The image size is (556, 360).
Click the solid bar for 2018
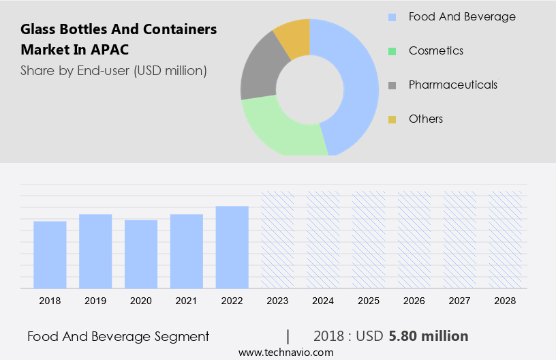coord(50,254)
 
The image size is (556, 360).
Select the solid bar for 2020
coord(141,254)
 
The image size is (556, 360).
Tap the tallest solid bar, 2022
coord(232,247)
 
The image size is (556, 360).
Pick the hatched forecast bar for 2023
coord(278,239)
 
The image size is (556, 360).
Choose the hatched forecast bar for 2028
coord(506,239)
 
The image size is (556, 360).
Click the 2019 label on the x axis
coord(95,300)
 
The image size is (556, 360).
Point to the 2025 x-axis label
coord(369,300)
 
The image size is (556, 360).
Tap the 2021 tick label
coord(187,300)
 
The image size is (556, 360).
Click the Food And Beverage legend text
coord(462,16)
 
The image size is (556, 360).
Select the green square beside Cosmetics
coord(392,51)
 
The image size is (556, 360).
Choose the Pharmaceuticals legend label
coord(452,85)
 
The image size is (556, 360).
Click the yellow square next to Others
coord(392,119)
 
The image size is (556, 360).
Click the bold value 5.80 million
coord(429,336)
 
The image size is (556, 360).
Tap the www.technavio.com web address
coord(286,352)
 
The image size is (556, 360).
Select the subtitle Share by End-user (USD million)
coord(114,70)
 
